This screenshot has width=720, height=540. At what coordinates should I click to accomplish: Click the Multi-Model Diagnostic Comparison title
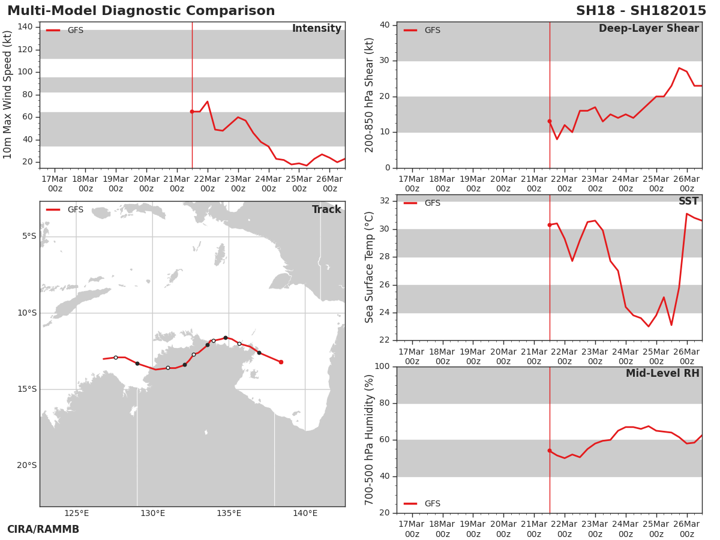tap(141, 11)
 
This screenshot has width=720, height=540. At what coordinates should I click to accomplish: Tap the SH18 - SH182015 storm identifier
tap(641, 11)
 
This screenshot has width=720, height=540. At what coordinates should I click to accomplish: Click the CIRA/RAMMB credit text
tap(43, 529)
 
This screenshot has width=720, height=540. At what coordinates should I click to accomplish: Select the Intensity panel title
tap(317, 29)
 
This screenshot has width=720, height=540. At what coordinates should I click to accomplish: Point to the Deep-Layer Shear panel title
tap(649, 29)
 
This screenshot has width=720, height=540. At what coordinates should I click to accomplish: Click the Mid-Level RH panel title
tap(662, 373)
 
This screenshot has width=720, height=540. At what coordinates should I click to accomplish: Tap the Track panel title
tap(326, 209)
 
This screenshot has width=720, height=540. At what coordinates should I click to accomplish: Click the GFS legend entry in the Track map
tap(65, 210)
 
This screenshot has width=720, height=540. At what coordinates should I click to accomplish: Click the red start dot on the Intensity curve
tap(192, 112)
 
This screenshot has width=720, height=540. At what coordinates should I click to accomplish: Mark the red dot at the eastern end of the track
tap(281, 362)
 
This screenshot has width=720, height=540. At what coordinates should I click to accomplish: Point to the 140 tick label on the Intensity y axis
tap(25, 27)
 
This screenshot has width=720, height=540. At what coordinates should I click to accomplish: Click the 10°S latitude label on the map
tap(27, 313)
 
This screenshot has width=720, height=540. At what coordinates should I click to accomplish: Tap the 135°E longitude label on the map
tap(229, 513)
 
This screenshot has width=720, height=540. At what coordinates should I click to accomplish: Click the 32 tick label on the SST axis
tap(385, 200)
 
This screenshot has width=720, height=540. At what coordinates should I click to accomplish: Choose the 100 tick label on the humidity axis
tap(382, 366)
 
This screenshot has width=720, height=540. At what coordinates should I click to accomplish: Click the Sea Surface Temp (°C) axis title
tap(370, 267)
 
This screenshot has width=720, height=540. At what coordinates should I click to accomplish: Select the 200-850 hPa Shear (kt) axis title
tap(370, 95)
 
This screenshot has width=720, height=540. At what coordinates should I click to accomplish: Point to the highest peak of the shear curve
tap(679, 68)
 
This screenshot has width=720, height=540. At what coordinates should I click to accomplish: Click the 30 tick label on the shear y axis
tap(385, 61)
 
